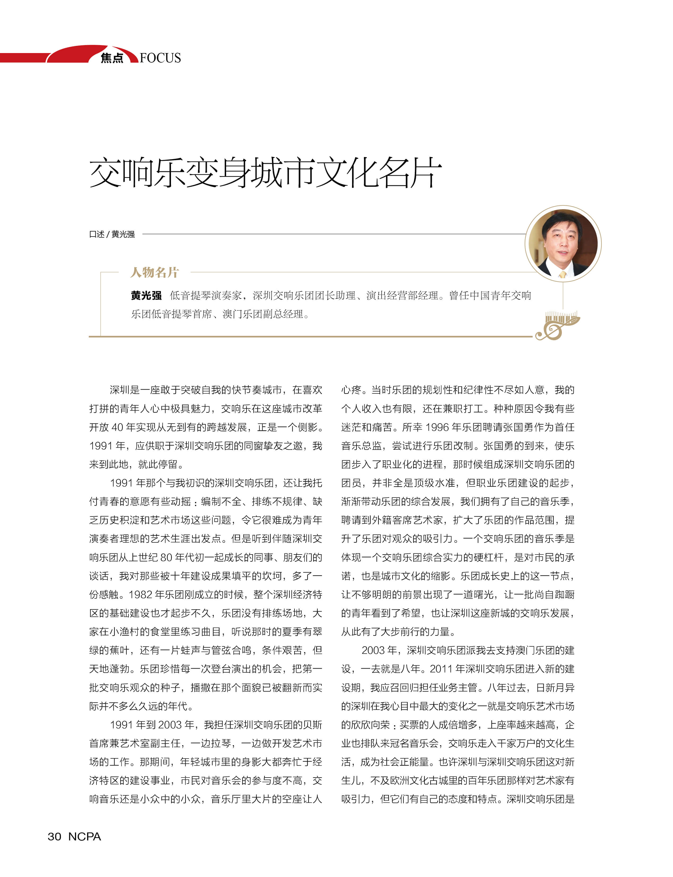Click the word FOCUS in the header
coord(160,58)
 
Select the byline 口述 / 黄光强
coord(112,234)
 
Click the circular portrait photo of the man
coord(563,243)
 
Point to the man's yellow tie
coord(562,274)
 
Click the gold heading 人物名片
coord(154,273)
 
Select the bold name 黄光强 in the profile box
coord(146,295)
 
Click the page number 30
coord(55,836)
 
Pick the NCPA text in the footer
coord(85,836)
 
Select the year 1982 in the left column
coord(140,594)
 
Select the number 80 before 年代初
coord(166,557)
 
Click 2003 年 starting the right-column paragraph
coord(379,650)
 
